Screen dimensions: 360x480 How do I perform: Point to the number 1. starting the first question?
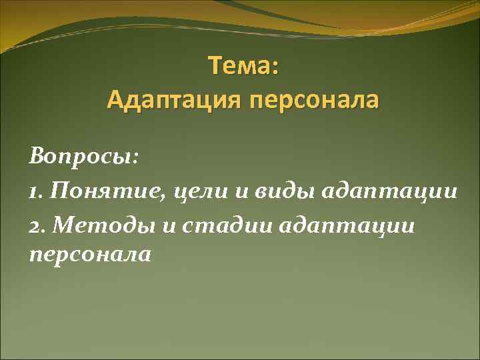(37, 193)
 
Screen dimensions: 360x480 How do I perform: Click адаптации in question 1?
(390, 193)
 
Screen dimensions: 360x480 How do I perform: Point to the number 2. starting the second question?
(38, 225)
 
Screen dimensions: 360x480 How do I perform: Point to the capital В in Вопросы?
(37, 159)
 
